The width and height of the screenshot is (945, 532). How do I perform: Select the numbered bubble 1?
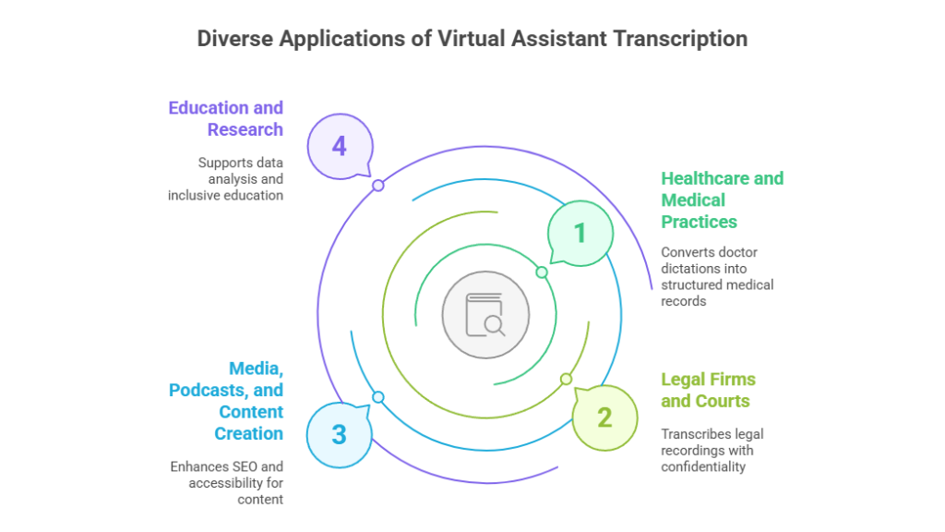point(580,233)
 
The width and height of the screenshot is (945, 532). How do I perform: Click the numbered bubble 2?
point(604,417)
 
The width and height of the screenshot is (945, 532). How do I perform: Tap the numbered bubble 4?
point(340,146)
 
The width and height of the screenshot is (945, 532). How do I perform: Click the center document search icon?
point(485,314)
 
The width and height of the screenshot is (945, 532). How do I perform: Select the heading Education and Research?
point(226,118)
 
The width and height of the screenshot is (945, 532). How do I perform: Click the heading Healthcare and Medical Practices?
point(722,199)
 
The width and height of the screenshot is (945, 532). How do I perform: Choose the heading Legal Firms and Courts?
point(707,390)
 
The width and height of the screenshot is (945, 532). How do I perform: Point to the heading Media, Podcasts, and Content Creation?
point(226,401)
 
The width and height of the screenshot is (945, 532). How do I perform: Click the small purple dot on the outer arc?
point(377,186)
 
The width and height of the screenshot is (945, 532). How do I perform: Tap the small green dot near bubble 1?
point(542,272)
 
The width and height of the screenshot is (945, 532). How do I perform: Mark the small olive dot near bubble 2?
point(566,379)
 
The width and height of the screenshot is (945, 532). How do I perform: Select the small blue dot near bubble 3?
point(377,397)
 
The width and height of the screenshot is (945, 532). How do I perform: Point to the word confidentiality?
point(703,466)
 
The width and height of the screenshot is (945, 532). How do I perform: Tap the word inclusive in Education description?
point(196,195)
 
